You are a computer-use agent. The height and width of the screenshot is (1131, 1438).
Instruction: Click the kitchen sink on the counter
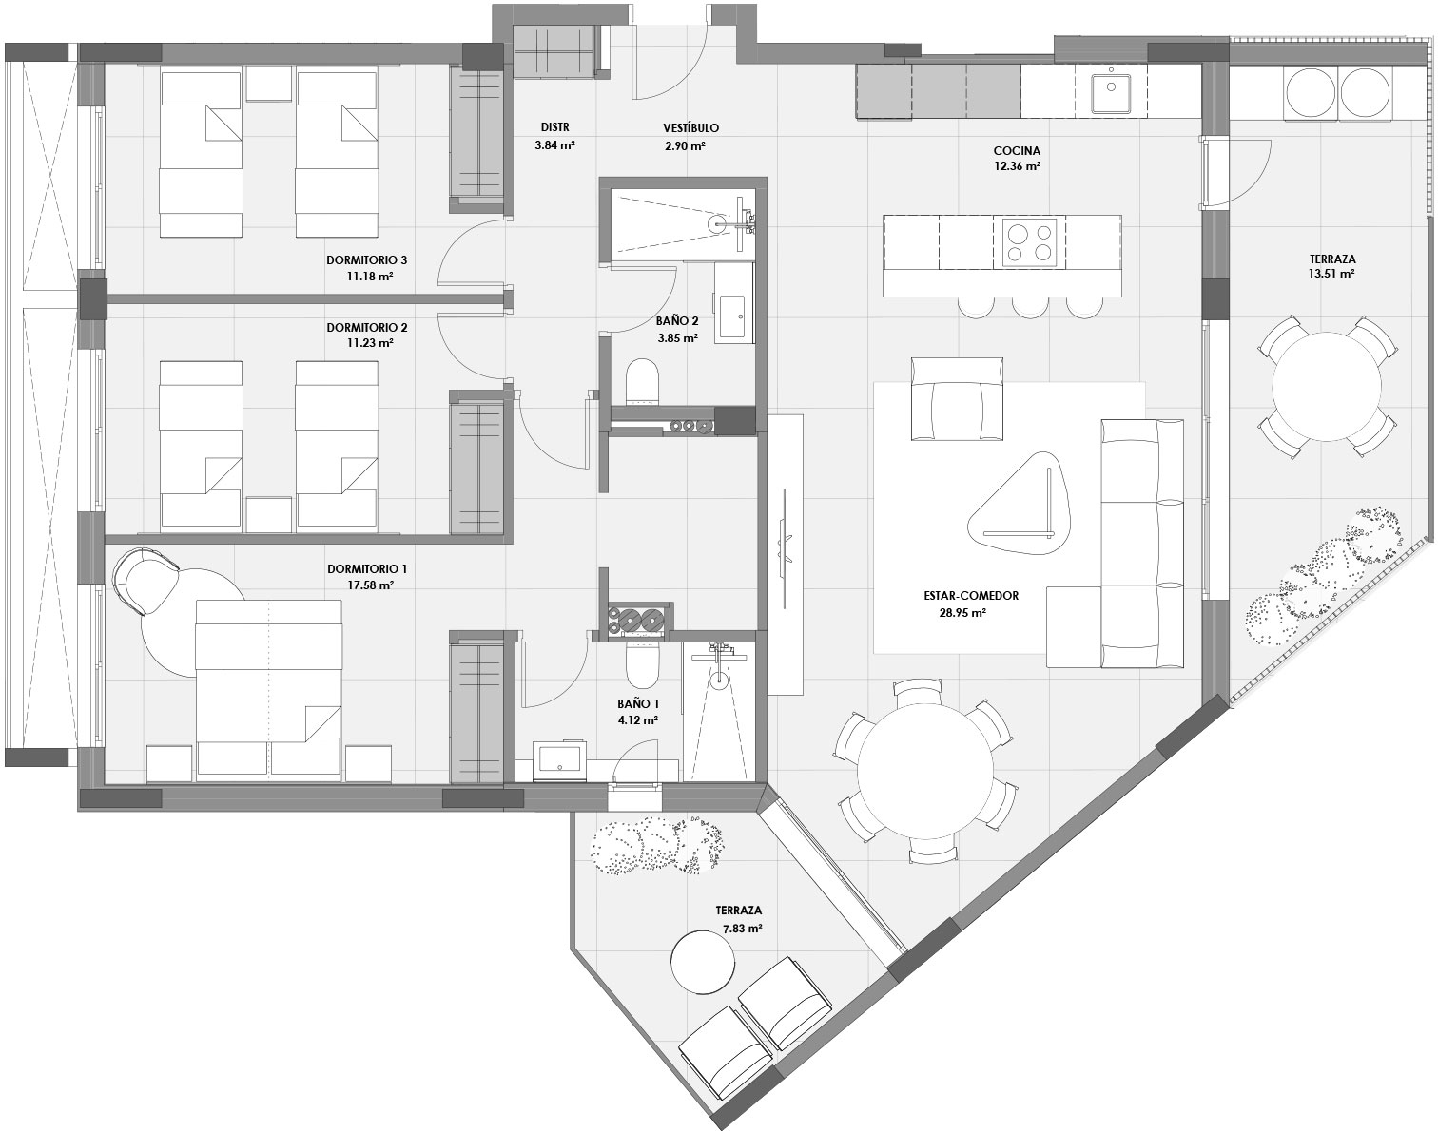(x=1110, y=91)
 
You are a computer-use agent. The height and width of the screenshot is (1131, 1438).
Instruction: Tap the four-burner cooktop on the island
(x=1030, y=241)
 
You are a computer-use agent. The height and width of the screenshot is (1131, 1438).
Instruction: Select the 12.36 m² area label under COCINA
(x=1017, y=165)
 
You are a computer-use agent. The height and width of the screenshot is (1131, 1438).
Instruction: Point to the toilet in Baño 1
(x=641, y=664)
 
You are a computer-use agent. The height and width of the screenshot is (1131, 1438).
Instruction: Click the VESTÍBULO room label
(x=690, y=127)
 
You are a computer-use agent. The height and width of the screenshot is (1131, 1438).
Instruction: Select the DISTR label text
(x=554, y=127)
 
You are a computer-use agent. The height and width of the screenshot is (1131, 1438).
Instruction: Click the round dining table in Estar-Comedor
(x=924, y=770)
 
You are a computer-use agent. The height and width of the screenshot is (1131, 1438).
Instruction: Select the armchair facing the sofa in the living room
(x=956, y=399)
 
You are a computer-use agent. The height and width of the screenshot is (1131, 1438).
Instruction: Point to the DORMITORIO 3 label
(x=366, y=259)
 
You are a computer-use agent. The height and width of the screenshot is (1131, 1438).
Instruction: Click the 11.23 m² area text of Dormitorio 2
(x=370, y=344)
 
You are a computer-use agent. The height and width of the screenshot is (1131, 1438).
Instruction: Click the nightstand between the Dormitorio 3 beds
(x=269, y=84)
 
